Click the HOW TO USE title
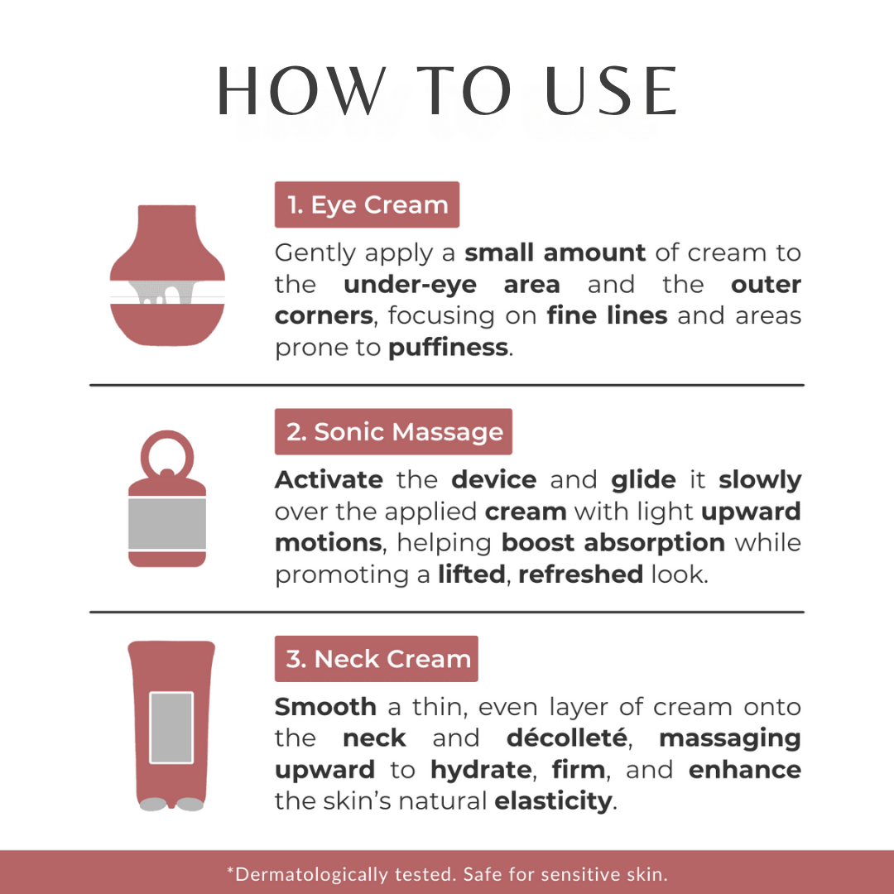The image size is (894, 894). tap(447, 91)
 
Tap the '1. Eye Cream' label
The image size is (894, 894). tap(368, 204)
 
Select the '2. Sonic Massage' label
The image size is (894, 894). tap(393, 431)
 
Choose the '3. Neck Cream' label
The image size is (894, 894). tap(377, 659)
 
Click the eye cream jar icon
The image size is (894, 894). tap(167, 275)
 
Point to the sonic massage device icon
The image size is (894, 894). tap(167, 498)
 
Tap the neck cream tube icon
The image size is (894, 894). tap(171, 725)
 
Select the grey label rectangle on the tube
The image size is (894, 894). tap(171, 728)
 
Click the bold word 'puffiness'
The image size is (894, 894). tap(448, 347)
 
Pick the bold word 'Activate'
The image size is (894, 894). tap(329, 480)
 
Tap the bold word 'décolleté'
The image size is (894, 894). tap(567, 738)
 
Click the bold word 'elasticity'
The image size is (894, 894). tap(553, 801)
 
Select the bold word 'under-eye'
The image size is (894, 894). tap(410, 285)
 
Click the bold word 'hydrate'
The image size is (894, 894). tap(481, 770)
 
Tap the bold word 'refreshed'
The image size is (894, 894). tap(580, 574)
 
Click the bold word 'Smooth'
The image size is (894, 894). tap(325, 707)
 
